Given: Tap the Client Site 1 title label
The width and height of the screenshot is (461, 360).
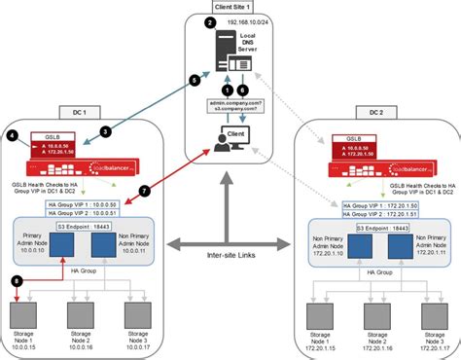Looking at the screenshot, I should click(x=230, y=7).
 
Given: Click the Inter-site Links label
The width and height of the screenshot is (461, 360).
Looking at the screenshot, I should click(x=230, y=257).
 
